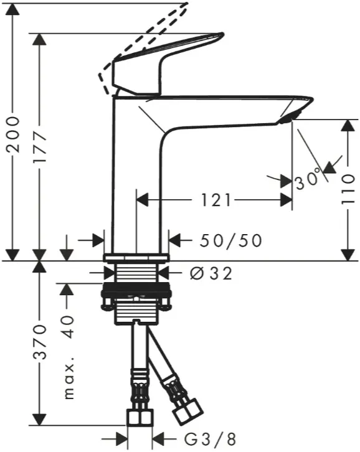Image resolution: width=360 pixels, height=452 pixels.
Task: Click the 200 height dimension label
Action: [14, 134]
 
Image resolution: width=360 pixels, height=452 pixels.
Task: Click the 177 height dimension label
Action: [40, 148]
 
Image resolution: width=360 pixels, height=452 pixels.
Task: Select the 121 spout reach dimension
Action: [216, 200]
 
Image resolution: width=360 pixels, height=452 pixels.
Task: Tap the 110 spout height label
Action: [348, 189]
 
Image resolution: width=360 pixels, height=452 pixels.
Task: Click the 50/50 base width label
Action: [231, 240]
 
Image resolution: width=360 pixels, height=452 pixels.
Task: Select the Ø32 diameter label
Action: [211, 273]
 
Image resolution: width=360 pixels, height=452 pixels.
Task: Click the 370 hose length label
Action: [40, 342]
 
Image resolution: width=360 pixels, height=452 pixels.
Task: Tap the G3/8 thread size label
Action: [211, 440]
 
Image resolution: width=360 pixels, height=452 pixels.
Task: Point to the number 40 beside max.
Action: [69, 327]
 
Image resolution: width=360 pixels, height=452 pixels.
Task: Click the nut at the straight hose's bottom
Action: [140, 417]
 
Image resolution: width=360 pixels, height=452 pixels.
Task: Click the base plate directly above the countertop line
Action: [136, 257]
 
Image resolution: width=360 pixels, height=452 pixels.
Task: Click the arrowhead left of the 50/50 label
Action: [98, 240]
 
